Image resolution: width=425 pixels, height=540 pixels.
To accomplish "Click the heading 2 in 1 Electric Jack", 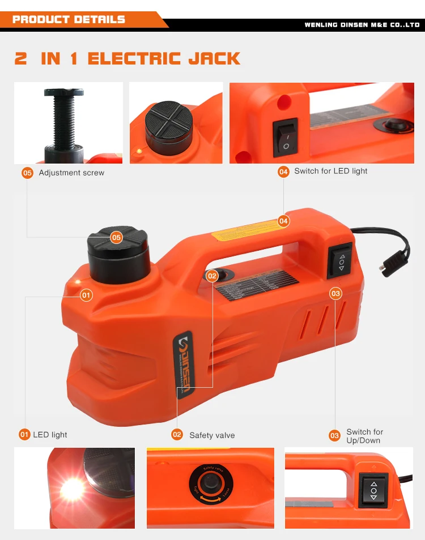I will point(127,58).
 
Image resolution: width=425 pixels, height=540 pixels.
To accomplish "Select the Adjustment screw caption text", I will point(71,173).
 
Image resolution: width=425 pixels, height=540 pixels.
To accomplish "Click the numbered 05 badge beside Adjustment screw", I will point(27,173).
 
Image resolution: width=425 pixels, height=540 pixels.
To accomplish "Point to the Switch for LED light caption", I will point(331,171).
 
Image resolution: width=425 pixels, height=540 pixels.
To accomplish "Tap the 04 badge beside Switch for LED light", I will point(283,172).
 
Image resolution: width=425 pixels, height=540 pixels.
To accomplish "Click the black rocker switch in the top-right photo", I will point(285,138).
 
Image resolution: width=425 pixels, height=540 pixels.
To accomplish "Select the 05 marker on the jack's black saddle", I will point(116,237).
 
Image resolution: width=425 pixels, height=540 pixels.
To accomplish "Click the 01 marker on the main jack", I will point(86,294).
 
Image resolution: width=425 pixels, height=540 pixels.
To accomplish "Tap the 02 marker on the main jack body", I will point(212,276).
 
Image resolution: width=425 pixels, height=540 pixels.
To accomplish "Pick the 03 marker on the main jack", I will point(336,293).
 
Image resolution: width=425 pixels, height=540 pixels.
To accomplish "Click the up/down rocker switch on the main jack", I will point(340,261).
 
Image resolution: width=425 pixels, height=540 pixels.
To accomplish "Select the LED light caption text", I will point(50,435).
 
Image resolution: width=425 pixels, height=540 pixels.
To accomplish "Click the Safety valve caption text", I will point(212,435).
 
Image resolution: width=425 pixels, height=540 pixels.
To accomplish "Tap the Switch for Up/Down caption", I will point(364,436).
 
